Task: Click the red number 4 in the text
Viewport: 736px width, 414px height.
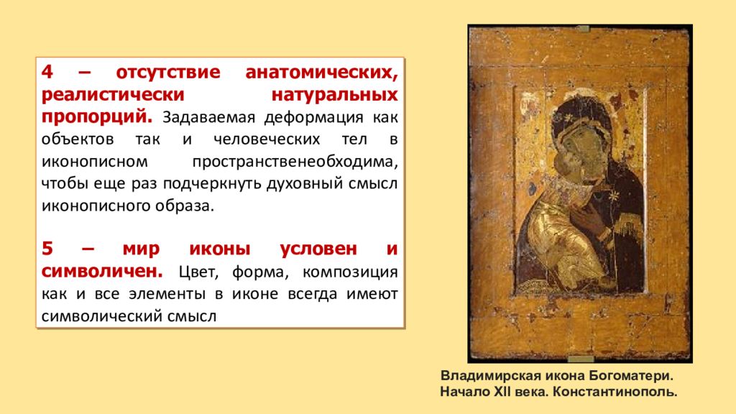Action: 47,73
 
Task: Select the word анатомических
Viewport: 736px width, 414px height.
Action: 321,73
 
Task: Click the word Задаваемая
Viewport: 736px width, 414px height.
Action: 203,116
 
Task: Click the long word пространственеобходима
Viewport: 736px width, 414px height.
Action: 295,162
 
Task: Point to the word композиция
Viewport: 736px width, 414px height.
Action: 350,272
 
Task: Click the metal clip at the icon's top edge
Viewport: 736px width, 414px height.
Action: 581,29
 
